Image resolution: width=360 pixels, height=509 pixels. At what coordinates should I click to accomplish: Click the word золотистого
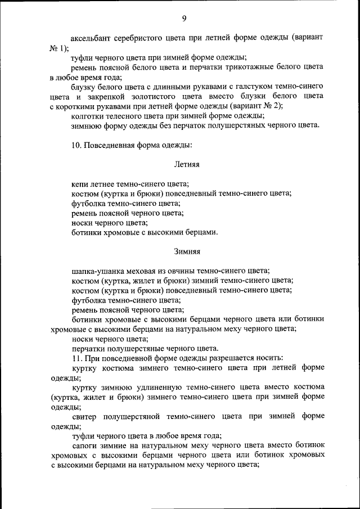pyautogui.click(x=166, y=96)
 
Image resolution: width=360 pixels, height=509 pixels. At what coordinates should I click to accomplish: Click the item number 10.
pyautogui.click(x=76, y=145)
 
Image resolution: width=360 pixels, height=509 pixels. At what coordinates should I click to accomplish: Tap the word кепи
pyautogui.click(x=81, y=184)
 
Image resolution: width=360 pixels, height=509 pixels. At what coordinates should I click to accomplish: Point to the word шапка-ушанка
pyautogui.click(x=97, y=271)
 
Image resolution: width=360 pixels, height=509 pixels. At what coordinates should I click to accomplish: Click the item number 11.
pyautogui.click(x=76, y=358)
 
